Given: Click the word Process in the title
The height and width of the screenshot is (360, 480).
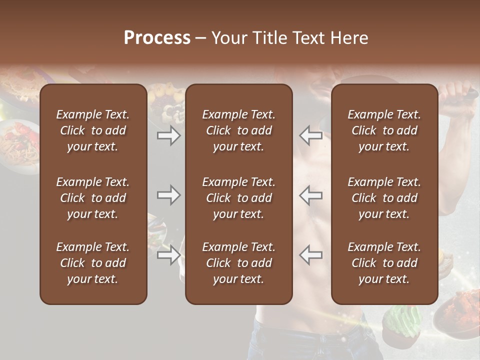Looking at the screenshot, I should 157,38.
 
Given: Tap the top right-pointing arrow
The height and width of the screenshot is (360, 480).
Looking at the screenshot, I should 169,135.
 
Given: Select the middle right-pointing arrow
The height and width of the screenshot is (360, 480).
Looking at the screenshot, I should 169,195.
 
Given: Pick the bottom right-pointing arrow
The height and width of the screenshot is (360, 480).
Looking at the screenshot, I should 169,255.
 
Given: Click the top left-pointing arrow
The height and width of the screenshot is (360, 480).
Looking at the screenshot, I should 311,135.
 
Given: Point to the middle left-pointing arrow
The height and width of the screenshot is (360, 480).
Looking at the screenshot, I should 311,195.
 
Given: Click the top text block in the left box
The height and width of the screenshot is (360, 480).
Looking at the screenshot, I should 93,130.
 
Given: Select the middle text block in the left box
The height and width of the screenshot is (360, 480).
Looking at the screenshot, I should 93,198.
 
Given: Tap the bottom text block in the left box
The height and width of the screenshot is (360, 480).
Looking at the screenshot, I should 93,263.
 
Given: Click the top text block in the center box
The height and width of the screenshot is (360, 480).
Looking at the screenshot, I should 239,130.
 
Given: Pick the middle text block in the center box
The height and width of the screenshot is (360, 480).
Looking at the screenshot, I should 239,198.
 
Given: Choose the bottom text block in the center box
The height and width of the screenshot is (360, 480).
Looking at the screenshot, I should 239,263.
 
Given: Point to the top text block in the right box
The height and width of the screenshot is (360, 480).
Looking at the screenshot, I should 384,130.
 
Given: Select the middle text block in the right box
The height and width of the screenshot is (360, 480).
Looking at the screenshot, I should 384,198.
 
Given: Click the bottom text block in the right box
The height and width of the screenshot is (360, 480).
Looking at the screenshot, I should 384,263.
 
